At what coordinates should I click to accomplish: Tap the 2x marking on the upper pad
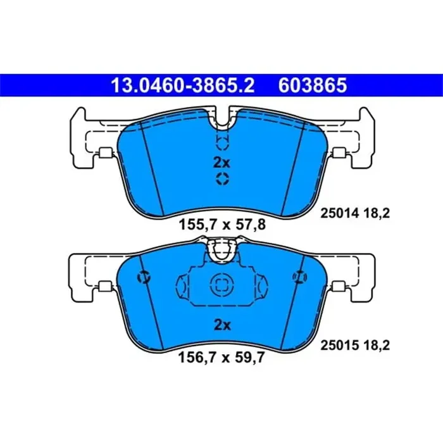pyautogui.click(x=221, y=161)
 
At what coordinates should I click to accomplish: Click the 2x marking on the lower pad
pyautogui.click(x=221, y=325)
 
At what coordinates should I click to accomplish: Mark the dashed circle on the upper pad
pyautogui.click(x=221, y=180)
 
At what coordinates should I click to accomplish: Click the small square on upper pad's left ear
pyautogui.click(x=105, y=153)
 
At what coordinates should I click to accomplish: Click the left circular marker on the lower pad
pyautogui.click(x=144, y=277)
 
